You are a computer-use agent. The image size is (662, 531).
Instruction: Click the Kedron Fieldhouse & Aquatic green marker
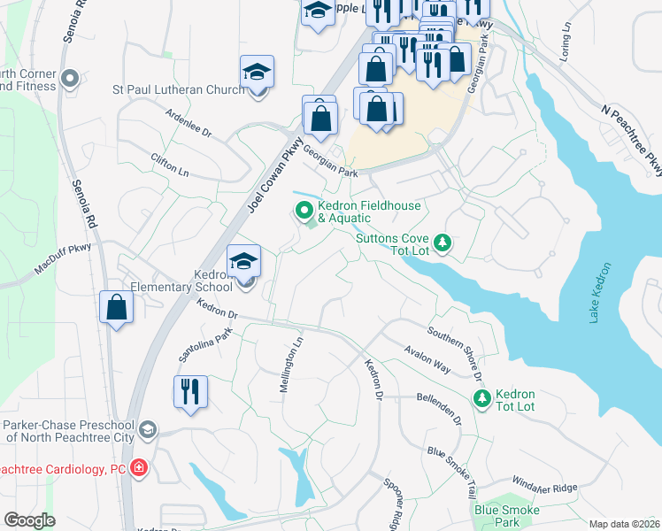click(x=304, y=211)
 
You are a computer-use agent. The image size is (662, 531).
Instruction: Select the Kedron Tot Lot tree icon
click(x=481, y=399)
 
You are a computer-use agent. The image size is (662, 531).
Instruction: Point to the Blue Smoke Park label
click(x=509, y=516)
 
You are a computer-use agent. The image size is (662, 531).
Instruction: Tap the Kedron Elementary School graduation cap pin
click(x=244, y=262)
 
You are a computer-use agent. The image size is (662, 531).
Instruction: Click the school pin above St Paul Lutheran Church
click(x=257, y=73)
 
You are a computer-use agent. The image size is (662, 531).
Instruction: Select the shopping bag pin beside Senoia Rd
click(x=116, y=308)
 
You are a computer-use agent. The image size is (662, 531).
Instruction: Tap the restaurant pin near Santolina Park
click(x=190, y=392)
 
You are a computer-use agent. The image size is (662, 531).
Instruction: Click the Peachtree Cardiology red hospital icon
click(x=139, y=468)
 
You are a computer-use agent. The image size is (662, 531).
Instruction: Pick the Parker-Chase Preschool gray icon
click(x=148, y=430)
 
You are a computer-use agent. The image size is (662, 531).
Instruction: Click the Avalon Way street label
click(x=428, y=358)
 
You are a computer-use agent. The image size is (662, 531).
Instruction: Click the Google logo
click(x=29, y=520)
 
